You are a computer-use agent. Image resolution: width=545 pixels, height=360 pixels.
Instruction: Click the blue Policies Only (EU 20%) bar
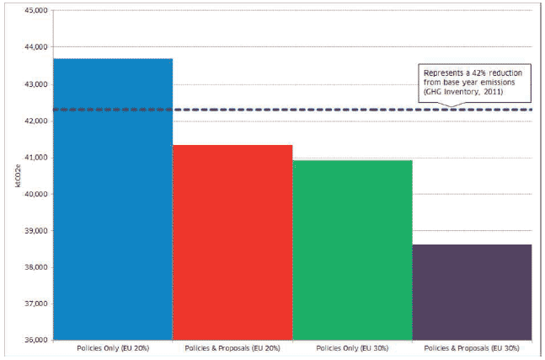pos(113,199)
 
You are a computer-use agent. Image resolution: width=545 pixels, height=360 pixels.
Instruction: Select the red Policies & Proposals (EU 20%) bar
pos(232,242)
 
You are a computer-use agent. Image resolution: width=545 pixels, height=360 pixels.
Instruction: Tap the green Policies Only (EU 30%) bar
pos(352,250)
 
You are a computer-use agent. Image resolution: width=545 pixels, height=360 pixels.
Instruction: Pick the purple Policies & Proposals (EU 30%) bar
pos(472,293)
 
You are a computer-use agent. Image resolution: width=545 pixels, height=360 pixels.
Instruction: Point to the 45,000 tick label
pos(36,10)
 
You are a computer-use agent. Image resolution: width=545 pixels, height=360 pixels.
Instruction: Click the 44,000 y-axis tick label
pos(36,46)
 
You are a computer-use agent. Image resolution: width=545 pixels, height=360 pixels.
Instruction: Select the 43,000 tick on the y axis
pos(36,84)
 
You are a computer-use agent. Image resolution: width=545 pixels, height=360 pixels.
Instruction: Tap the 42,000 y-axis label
pos(36,121)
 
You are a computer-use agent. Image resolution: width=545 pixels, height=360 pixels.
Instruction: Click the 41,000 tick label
pos(36,157)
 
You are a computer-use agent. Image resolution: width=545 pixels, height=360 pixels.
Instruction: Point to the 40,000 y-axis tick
pos(36,194)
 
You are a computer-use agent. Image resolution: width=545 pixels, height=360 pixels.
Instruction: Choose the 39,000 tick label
pos(36,230)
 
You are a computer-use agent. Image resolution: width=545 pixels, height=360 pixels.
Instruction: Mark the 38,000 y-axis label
pos(36,267)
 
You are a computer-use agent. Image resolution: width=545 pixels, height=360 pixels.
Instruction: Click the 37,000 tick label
pos(36,304)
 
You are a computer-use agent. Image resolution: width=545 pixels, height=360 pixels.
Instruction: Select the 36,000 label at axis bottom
pos(36,340)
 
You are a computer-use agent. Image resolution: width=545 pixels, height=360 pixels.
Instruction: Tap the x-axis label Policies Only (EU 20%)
pos(113,348)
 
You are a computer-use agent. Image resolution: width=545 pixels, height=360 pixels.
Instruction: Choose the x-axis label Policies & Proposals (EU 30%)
pos(472,348)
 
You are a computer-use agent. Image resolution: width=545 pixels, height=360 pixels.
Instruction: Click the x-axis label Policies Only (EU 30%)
pos(352,348)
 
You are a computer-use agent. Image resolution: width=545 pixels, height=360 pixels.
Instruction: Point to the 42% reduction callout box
pos(474,83)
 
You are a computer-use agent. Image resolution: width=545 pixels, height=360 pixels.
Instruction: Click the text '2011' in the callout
pos(493,92)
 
